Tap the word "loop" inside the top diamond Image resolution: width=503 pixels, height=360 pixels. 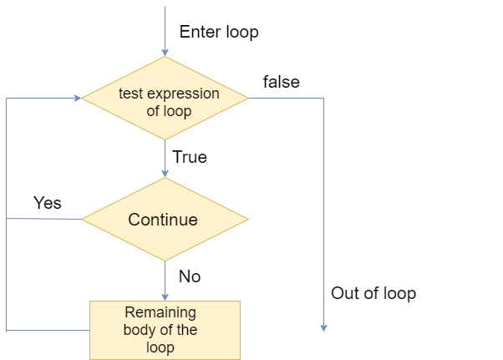pyautogui.click(x=180, y=110)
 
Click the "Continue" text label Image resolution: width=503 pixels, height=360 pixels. pyautogui.click(x=163, y=220)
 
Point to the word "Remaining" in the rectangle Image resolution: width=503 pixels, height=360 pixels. pyautogui.click(x=160, y=313)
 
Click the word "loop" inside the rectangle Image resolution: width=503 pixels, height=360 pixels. pyautogui.click(x=160, y=347)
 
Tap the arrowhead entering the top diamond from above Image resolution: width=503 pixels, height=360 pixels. pyautogui.click(x=165, y=52)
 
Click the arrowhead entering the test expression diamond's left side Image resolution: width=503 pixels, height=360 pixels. pyautogui.click(x=78, y=98)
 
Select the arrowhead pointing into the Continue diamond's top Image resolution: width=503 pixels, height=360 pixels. pyautogui.click(x=165, y=173)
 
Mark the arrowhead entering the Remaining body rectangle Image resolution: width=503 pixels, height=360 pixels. pyautogui.click(x=165, y=297)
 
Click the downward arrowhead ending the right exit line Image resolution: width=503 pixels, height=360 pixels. pyautogui.click(x=323, y=328)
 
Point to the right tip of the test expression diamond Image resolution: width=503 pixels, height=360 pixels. pyautogui.click(x=248, y=98)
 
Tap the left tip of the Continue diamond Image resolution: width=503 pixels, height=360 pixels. pyautogui.click(x=82, y=220)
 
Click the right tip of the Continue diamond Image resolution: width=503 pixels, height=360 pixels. pyautogui.click(x=248, y=220)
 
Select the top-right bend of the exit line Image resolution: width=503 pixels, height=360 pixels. pyautogui.click(x=323, y=98)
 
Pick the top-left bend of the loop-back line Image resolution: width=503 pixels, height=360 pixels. pyautogui.click(x=7, y=98)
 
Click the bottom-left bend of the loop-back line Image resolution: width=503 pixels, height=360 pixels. pyautogui.click(x=7, y=330)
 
